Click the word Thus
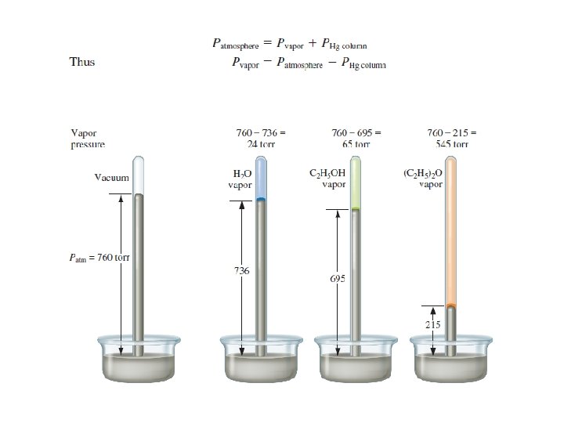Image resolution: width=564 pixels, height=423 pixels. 82,62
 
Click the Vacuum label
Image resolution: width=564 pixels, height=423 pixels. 111,177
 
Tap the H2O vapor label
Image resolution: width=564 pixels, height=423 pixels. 240,179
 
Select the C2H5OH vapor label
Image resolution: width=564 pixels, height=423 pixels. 327,179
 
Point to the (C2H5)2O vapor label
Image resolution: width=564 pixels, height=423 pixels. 423,179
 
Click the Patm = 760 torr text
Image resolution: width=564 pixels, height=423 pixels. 99,258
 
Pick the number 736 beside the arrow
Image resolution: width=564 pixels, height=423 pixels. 242,270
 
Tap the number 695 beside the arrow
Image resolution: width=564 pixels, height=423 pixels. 338,278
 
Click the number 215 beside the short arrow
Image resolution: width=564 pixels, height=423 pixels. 432,324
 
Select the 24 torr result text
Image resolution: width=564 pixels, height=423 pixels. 261,144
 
